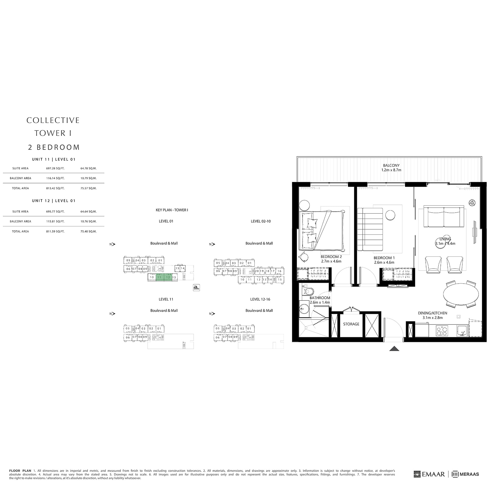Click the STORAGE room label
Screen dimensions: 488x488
coord(351,324)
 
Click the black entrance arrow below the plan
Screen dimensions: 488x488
coord(394,348)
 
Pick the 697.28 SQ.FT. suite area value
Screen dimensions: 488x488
coord(55,168)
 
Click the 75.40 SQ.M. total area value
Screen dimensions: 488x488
coord(88,231)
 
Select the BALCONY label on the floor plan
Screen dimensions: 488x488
coord(391,165)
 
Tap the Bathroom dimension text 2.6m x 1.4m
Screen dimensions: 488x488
coord(320,302)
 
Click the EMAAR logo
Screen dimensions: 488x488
coord(430,474)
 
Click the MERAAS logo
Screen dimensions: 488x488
coord(465,474)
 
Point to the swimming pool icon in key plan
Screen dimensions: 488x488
coord(196,287)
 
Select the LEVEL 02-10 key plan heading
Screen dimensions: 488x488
coord(260,221)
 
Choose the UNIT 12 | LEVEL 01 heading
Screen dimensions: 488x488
coord(54,201)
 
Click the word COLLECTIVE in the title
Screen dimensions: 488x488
coord(53,120)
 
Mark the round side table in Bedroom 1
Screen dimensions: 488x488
coord(390,215)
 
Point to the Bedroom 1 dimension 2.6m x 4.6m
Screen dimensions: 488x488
coord(384,262)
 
